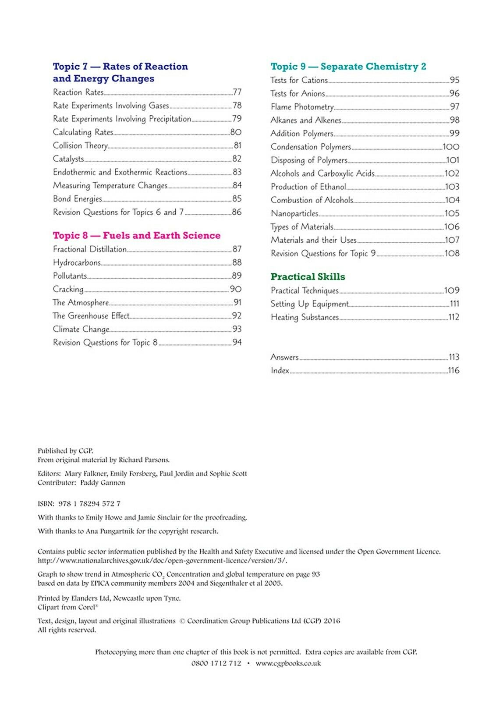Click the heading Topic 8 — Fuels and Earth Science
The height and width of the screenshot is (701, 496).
pyautogui.click(x=136, y=235)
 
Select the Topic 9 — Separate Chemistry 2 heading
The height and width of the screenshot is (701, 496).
pyautogui.click(x=348, y=67)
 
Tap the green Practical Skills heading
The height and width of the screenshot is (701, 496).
pyautogui.click(x=308, y=276)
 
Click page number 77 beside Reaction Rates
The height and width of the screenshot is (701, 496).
pyautogui.click(x=237, y=92)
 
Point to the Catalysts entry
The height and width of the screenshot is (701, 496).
pyautogui.click(x=68, y=159)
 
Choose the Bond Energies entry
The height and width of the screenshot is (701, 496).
pyautogui.click(x=78, y=199)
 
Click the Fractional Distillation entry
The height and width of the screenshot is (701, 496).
pyautogui.click(x=90, y=249)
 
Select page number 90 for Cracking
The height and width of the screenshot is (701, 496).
pyautogui.click(x=236, y=289)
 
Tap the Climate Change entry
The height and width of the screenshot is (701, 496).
pyautogui.click(x=81, y=329)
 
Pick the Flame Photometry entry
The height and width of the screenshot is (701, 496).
pyautogui.click(x=302, y=107)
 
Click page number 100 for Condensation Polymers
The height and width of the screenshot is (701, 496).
pyautogui.click(x=451, y=147)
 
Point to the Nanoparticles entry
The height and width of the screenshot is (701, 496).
pyautogui.click(x=294, y=213)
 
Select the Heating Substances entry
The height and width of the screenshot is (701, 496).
pyautogui.click(x=305, y=317)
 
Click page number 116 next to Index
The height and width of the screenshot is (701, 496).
pyautogui.click(x=453, y=370)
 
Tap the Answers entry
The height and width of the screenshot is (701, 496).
pyautogui.click(x=284, y=357)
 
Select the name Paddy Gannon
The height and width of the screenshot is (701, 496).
pyautogui.click(x=103, y=482)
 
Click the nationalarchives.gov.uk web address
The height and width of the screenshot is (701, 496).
pyautogui.click(x=162, y=560)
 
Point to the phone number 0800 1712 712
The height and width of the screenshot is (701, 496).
pyautogui.click(x=216, y=663)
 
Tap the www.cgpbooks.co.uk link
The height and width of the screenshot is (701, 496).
pyautogui.click(x=288, y=663)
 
